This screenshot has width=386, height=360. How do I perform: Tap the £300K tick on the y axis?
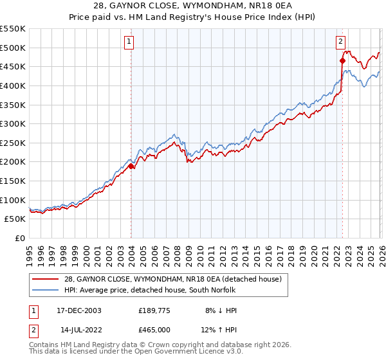click(x=13, y=123)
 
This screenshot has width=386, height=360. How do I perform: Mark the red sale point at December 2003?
click(x=131, y=166)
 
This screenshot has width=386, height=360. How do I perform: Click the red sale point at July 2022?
click(x=342, y=61)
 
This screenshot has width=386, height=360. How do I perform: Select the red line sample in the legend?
click(x=46, y=279)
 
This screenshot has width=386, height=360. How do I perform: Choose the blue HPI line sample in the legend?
click(x=46, y=290)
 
